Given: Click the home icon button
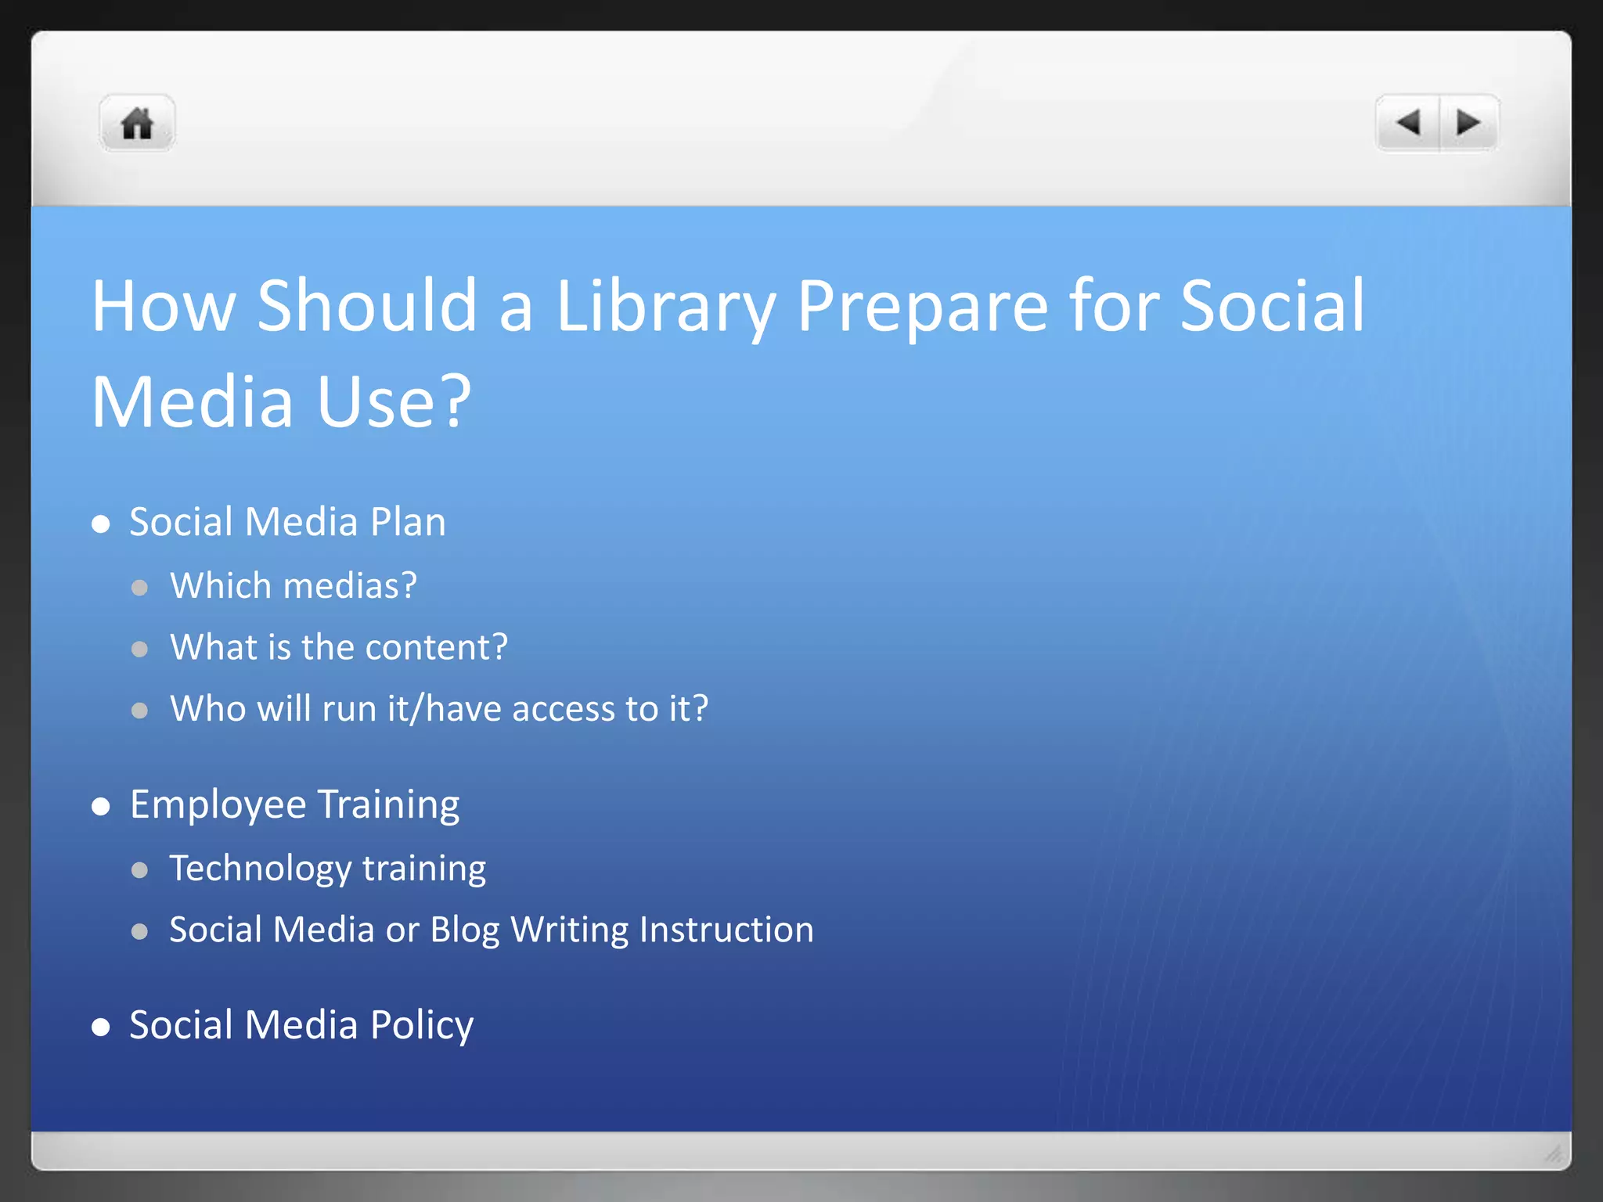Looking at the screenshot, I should pyautogui.click(x=137, y=124).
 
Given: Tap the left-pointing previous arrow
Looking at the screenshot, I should pyautogui.click(x=1408, y=123).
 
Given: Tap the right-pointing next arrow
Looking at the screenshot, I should pyautogui.click(x=1468, y=123).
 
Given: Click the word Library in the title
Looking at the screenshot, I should pyautogui.click(x=665, y=307).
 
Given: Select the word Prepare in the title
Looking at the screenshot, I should pyautogui.click(x=922, y=307).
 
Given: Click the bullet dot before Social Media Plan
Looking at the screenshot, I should pyautogui.click(x=100, y=524).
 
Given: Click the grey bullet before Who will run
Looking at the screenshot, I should pyautogui.click(x=140, y=711).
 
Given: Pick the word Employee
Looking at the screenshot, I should pyautogui.click(x=218, y=805).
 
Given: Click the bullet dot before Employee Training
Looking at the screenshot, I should pyautogui.click(x=100, y=807).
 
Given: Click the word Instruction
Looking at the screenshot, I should pyautogui.click(x=726, y=930).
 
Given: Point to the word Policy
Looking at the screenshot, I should pyautogui.click(x=421, y=1025).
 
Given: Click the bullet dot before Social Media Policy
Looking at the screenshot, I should pyautogui.click(x=100, y=1027).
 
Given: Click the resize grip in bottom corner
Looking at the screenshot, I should pyautogui.click(x=1553, y=1153).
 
